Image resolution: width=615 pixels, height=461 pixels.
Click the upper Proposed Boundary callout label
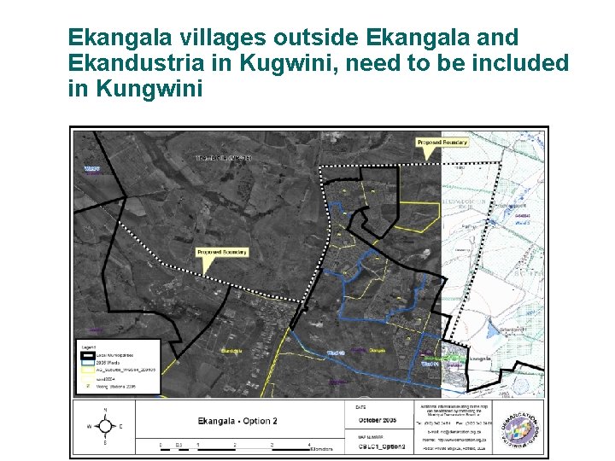pos(442,143)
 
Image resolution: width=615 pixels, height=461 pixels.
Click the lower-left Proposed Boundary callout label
pos(221,253)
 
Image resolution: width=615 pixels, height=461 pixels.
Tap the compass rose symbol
pos(104,426)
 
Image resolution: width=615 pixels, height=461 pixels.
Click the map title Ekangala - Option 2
pos(237,421)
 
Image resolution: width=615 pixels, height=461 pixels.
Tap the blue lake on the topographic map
pos(495,329)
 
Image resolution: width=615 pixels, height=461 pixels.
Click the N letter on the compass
pos(104,411)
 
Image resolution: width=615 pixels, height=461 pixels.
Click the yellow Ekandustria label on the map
pos(232,352)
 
